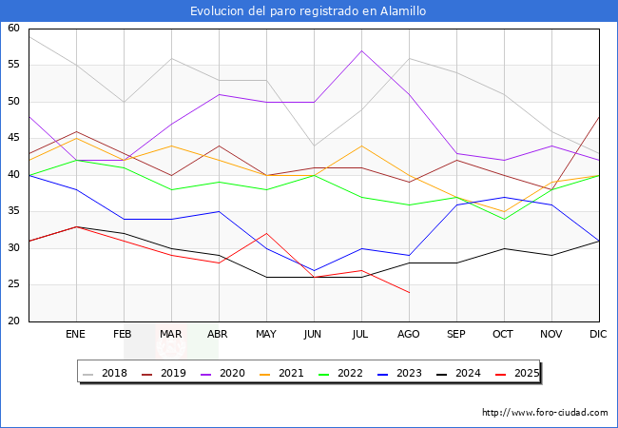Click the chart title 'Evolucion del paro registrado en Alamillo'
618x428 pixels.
point(308,11)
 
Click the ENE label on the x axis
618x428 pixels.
point(76,335)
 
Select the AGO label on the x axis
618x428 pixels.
point(409,335)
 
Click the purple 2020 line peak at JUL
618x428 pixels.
point(361,50)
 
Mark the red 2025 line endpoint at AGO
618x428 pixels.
point(409,292)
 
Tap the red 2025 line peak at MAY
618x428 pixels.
point(266,233)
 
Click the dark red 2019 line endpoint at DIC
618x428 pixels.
point(599,116)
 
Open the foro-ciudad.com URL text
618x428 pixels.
point(545,413)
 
